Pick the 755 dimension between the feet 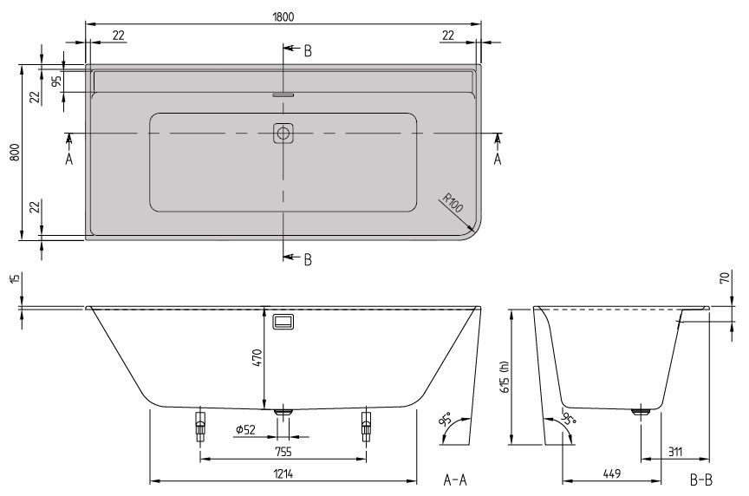283,451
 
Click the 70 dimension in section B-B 725,279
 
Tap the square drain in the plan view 283,134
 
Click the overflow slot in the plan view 283,95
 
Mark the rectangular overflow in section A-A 283,321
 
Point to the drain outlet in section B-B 642,413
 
